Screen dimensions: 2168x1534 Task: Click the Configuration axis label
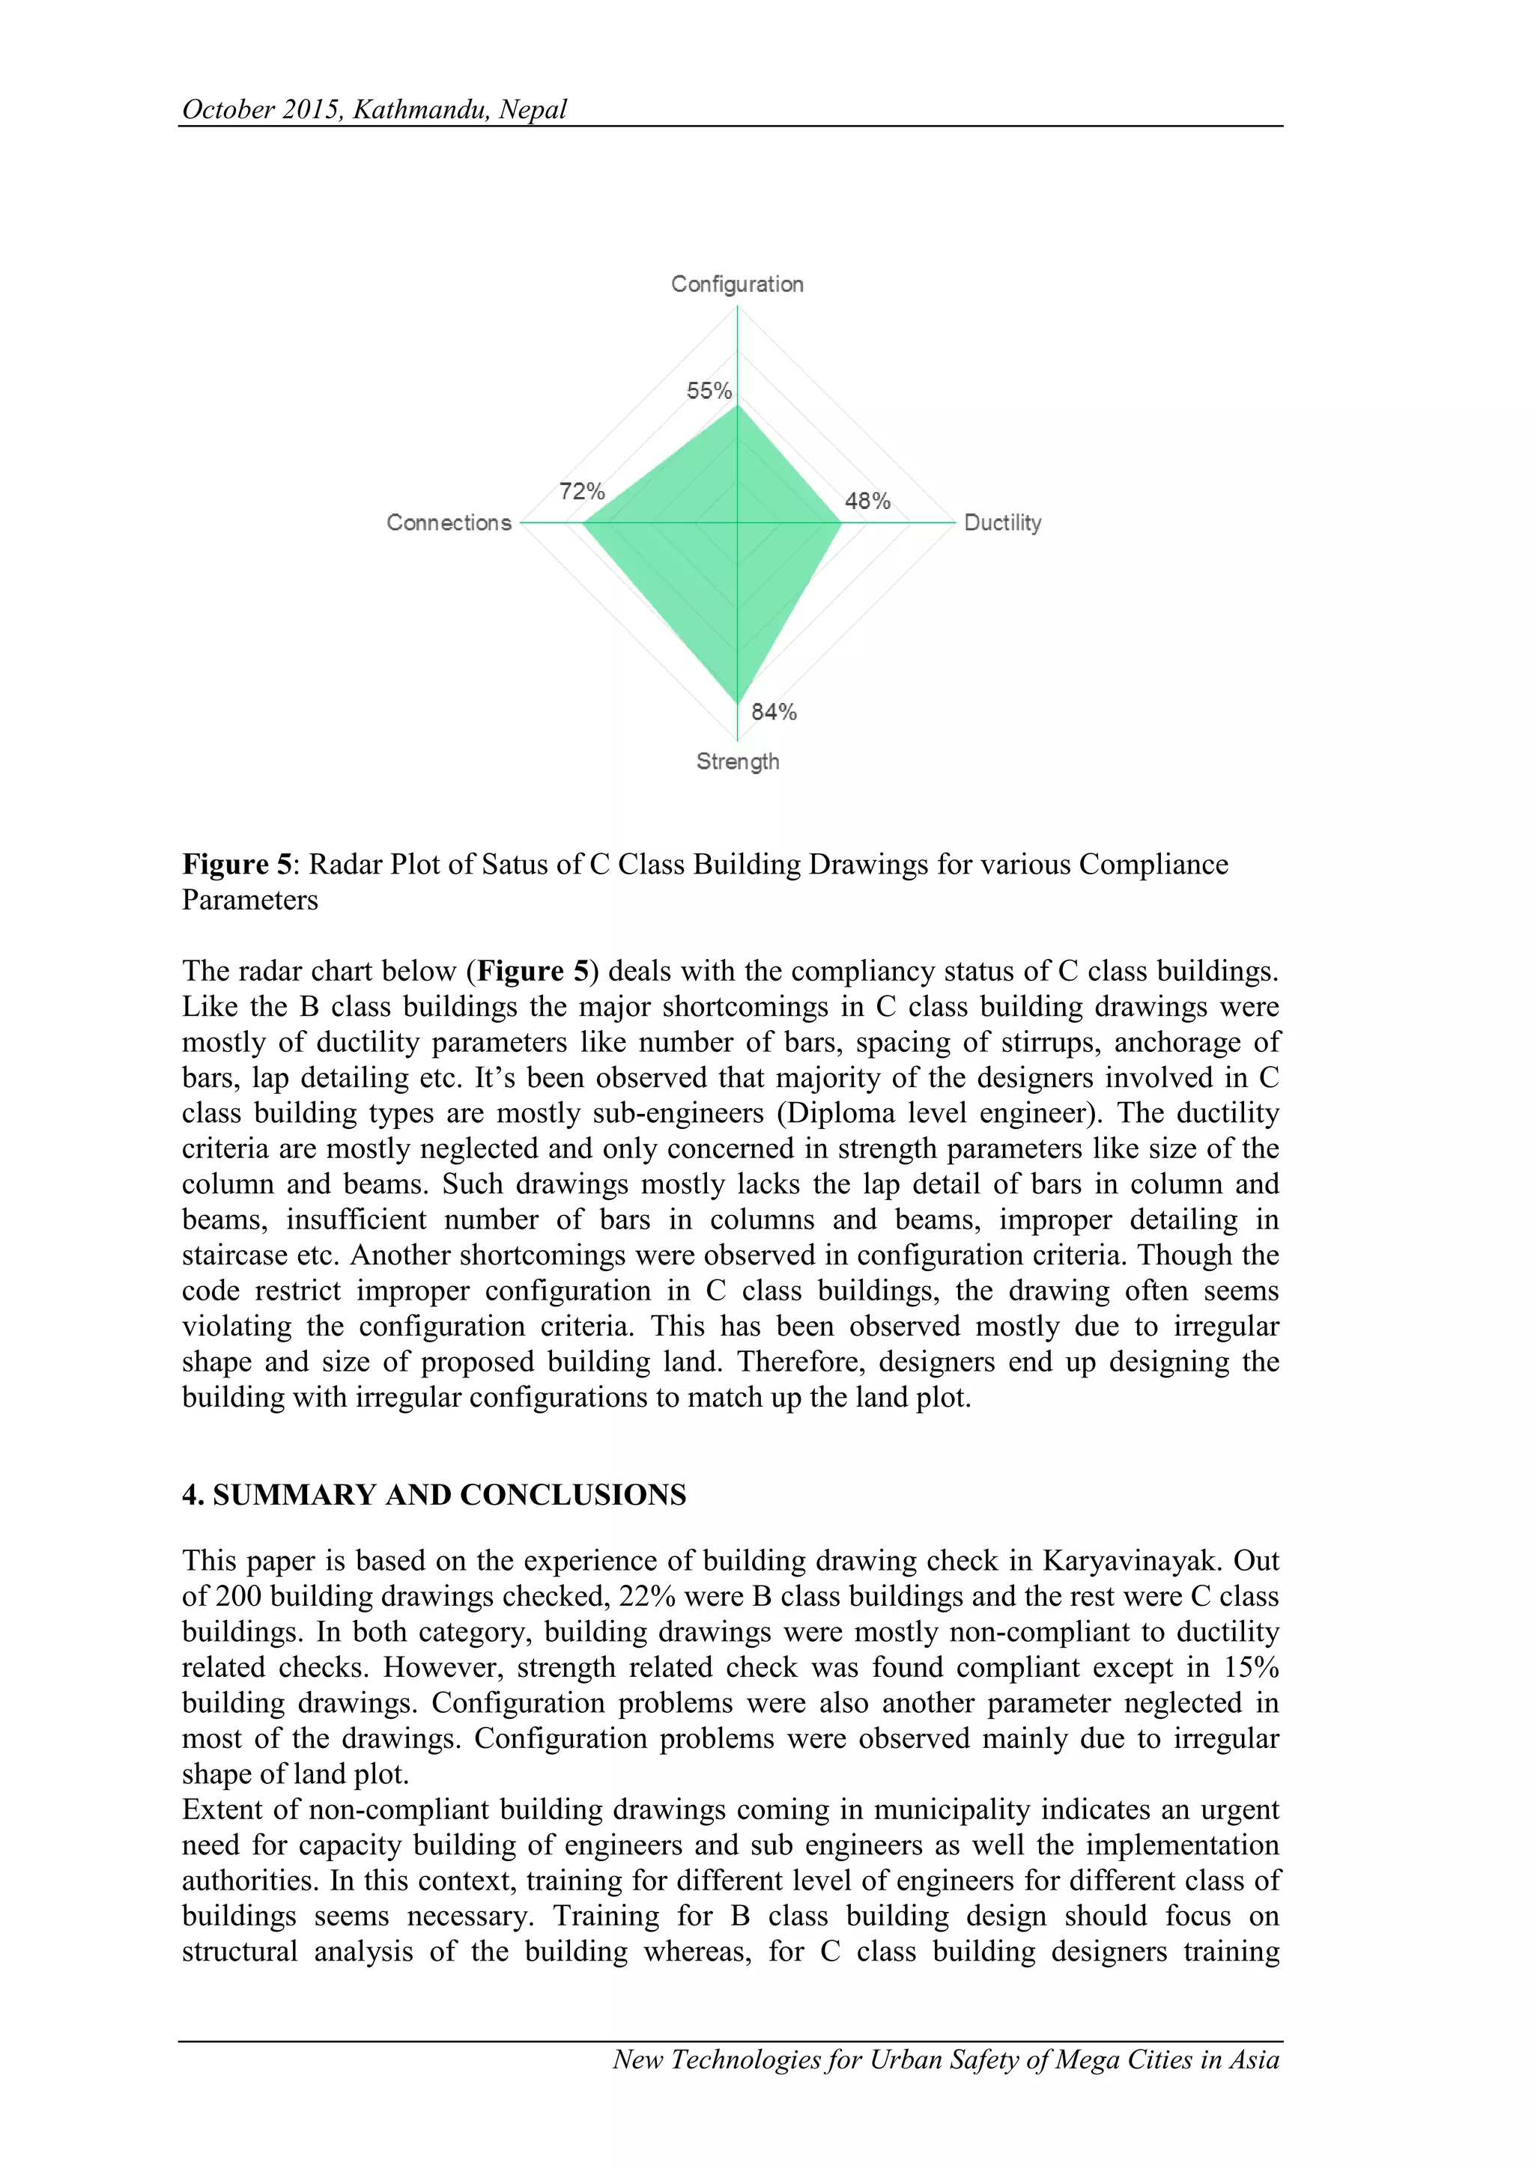pos(737,284)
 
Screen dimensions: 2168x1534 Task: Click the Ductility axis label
pos(1002,523)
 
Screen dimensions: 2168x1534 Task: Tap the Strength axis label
pos(738,761)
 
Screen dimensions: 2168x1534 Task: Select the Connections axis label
pos(449,523)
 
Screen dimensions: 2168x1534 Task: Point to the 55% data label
pos(709,391)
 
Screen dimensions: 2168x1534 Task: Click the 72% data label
pos(581,492)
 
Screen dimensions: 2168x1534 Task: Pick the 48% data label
pos(867,502)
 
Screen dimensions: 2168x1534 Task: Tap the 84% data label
pos(774,712)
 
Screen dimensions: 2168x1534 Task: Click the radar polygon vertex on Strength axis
pos(738,704)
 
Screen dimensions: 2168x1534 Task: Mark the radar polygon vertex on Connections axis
pos(582,523)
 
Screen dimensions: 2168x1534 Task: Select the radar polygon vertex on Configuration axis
pos(738,404)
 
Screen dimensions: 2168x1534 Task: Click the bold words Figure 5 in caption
pos(238,864)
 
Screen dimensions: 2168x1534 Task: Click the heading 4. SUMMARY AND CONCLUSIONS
pos(434,1495)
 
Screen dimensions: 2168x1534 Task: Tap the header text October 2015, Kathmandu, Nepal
pos(374,109)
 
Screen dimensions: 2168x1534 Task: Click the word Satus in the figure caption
pos(516,864)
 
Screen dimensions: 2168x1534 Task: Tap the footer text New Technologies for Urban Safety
pos(831,2059)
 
